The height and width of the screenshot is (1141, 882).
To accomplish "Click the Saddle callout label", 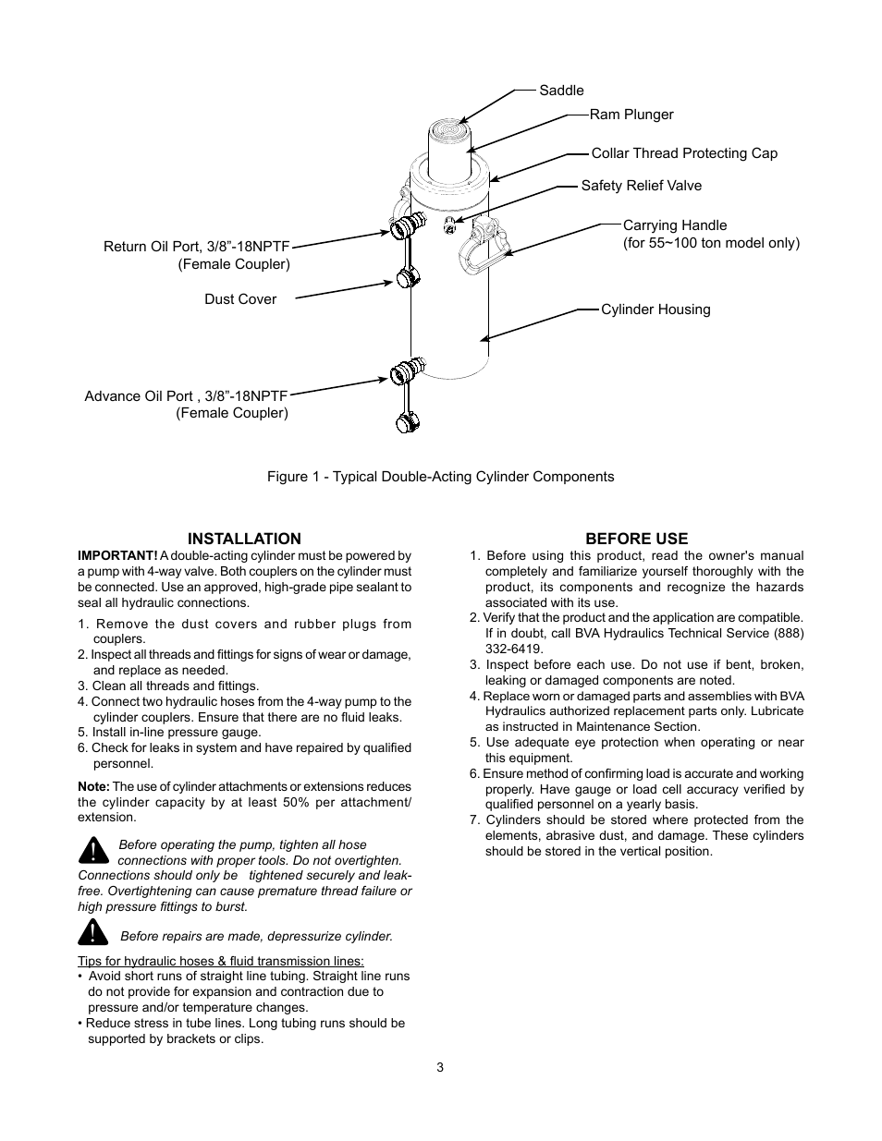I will point(561,91).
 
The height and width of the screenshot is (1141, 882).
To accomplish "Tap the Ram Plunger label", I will point(631,115).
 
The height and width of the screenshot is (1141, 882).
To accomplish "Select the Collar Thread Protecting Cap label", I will point(684,153).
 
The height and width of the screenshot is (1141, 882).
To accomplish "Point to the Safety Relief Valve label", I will point(641,186).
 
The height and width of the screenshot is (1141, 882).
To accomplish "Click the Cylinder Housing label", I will point(655,310).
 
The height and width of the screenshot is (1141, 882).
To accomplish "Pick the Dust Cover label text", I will point(240,299).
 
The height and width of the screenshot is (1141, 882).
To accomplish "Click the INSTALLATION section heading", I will point(244,539).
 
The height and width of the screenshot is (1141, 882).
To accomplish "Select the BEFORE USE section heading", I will point(636,539).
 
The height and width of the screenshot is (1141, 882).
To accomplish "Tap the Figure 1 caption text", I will point(440,477).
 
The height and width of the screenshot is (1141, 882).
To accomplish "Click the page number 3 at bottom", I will point(440,1068).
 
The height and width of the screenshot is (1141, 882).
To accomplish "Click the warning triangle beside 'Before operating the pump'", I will point(93,849).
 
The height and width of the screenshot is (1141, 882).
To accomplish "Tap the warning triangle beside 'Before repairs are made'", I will point(93,932).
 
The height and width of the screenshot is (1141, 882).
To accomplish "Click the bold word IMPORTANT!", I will point(117,556).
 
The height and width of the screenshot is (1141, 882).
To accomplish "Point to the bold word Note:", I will point(93,786).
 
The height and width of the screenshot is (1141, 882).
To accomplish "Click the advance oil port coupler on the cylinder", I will point(405,371).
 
